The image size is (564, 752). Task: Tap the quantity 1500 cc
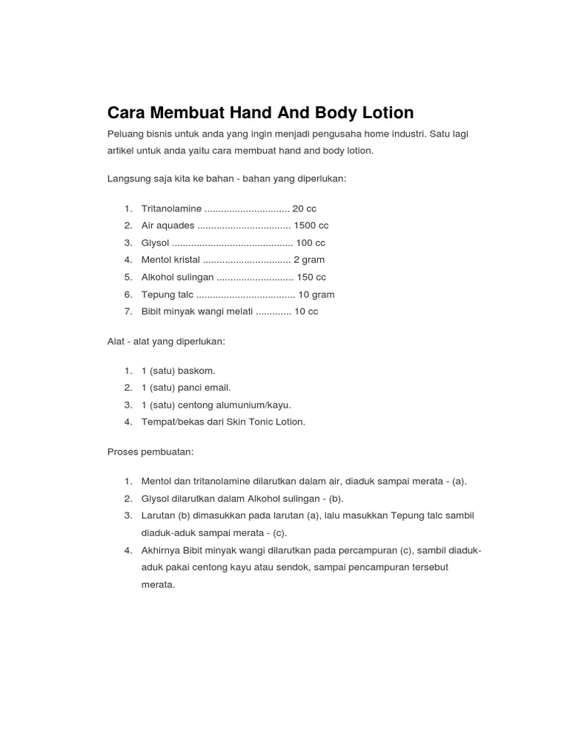pos(311,225)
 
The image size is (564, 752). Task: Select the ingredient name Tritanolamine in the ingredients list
pos(171,209)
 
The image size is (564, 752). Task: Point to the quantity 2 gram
pos(308,260)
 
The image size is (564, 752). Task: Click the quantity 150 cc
pos(311,278)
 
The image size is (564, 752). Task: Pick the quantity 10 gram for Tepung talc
pos(316,294)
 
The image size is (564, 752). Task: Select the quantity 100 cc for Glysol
pos(310,243)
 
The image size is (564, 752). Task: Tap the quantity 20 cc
pos(304,209)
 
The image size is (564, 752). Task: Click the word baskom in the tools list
pos(198,371)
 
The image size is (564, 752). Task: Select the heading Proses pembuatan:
pos(151,452)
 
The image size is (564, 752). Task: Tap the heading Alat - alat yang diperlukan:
pos(166,341)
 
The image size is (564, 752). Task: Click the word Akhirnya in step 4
pos(162,551)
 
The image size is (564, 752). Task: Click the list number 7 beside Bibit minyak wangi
pos(128,311)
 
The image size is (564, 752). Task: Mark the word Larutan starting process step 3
pos(158,516)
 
